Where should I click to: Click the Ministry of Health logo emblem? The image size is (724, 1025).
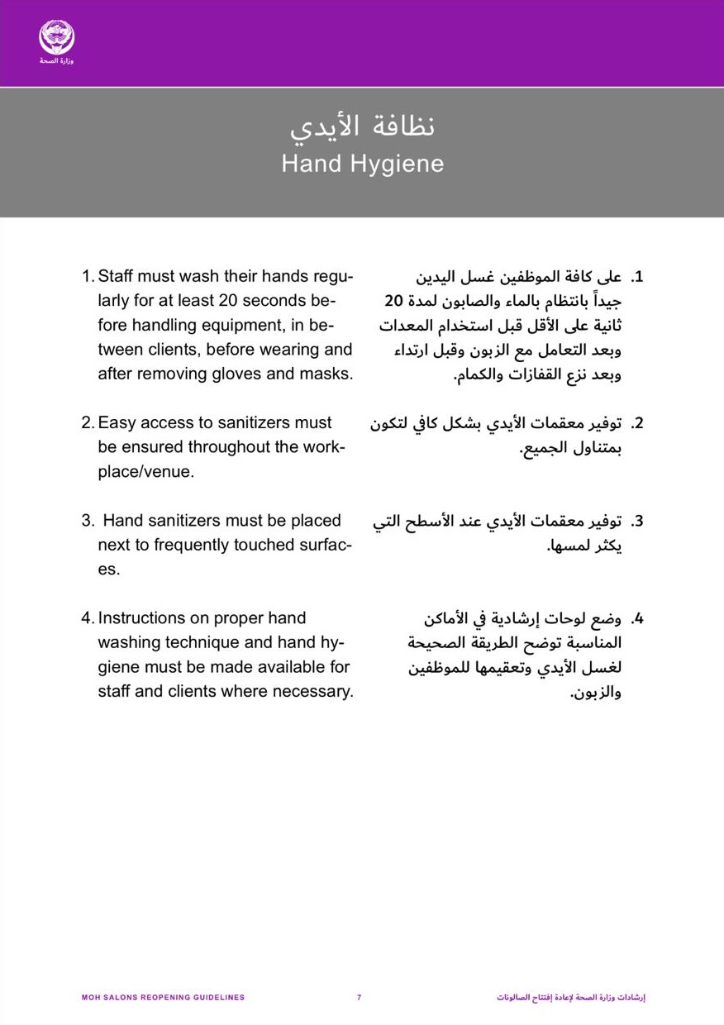[x=56, y=38]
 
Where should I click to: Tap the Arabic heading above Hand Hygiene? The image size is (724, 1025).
[x=362, y=126]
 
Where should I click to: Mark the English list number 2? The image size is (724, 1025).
[x=87, y=422]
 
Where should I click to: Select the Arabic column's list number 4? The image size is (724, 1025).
[x=637, y=618]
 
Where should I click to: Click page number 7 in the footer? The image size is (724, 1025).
[x=359, y=998]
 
